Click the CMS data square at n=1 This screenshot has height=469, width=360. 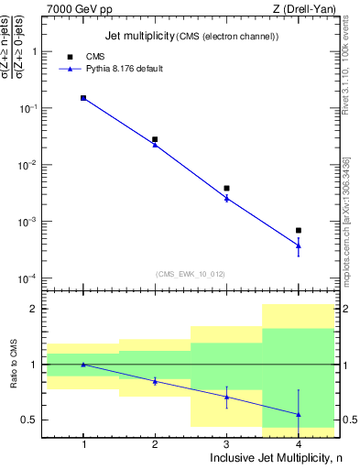pyautogui.click(x=83, y=98)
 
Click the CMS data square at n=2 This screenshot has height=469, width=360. pyautogui.click(x=155, y=139)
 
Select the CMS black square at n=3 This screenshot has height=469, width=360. pyautogui.click(x=226, y=188)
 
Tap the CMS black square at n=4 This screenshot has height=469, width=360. pyautogui.click(x=299, y=230)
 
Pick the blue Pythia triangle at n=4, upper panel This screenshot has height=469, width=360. pyautogui.click(x=299, y=245)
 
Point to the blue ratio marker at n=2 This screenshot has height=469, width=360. pyautogui.click(x=155, y=381)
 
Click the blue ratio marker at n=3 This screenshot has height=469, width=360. pyautogui.click(x=226, y=397)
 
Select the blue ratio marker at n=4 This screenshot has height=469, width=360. pyautogui.click(x=299, y=414)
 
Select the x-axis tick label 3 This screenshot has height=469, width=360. pyautogui.click(x=226, y=442)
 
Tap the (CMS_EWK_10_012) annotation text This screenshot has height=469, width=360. pyautogui.click(x=191, y=273)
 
